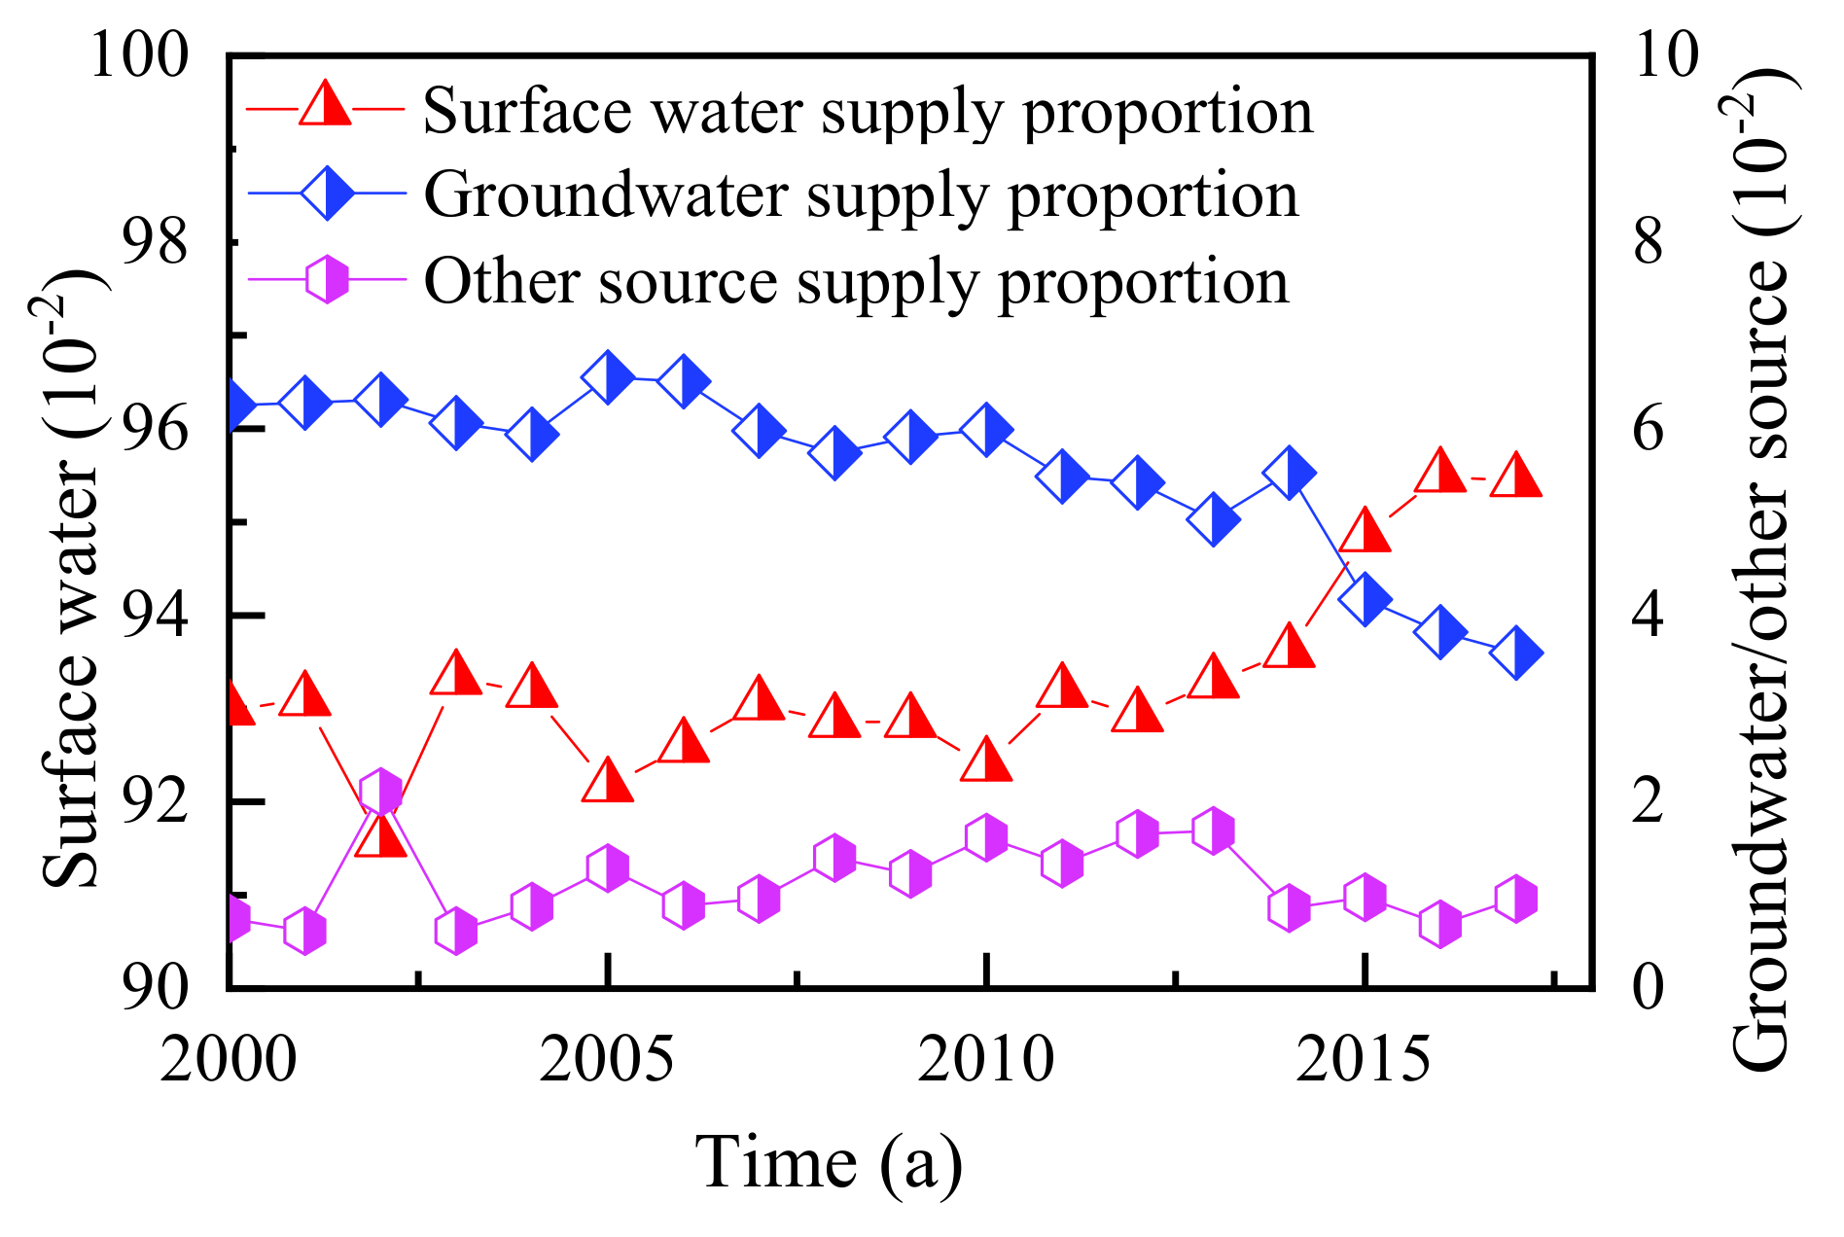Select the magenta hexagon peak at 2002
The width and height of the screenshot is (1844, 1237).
(x=380, y=793)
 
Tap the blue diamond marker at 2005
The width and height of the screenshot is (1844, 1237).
(x=608, y=377)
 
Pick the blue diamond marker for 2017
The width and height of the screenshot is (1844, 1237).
(x=1516, y=653)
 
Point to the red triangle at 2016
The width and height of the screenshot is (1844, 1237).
(x=1440, y=473)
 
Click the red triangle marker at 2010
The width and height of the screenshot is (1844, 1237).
(x=986, y=760)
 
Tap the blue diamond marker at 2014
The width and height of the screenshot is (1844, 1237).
(x=1290, y=473)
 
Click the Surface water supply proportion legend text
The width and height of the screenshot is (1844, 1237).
(x=868, y=111)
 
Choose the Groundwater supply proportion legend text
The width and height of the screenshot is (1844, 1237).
(x=861, y=195)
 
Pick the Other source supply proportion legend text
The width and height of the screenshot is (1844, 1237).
(x=856, y=282)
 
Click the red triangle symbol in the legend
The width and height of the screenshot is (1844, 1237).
(x=325, y=105)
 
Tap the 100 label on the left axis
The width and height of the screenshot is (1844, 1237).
(x=139, y=55)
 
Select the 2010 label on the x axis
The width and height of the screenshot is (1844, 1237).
(x=985, y=1059)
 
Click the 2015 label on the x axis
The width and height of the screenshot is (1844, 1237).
(x=1364, y=1059)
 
